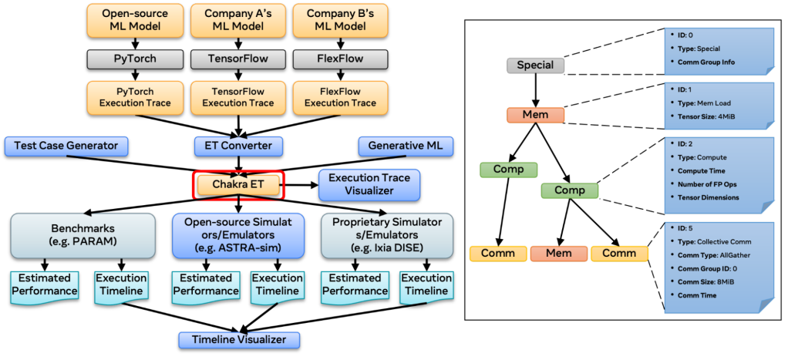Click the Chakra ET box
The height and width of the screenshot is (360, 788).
tap(238, 185)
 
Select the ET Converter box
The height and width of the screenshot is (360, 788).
tap(238, 146)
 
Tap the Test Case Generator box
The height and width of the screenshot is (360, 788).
tap(66, 146)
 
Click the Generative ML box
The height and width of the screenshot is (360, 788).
tap(406, 146)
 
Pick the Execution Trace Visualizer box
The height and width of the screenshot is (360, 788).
tap(369, 184)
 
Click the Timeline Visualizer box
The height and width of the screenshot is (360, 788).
tap(238, 340)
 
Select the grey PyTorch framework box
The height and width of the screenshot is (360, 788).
tap(136, 59)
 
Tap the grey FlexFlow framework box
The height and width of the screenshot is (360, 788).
tap(340, 59)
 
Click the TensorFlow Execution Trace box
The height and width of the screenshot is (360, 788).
tap(238, 97)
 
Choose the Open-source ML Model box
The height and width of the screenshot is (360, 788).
tap(136, 20)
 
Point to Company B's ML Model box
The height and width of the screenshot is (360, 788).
tap(340, 20)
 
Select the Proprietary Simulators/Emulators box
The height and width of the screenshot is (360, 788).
tap(387, 235)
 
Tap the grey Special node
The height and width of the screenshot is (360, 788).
tap(535, 66)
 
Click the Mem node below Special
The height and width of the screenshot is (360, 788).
tap(535, 115)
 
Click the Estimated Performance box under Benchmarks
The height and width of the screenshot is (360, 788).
tap(45, 284)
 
